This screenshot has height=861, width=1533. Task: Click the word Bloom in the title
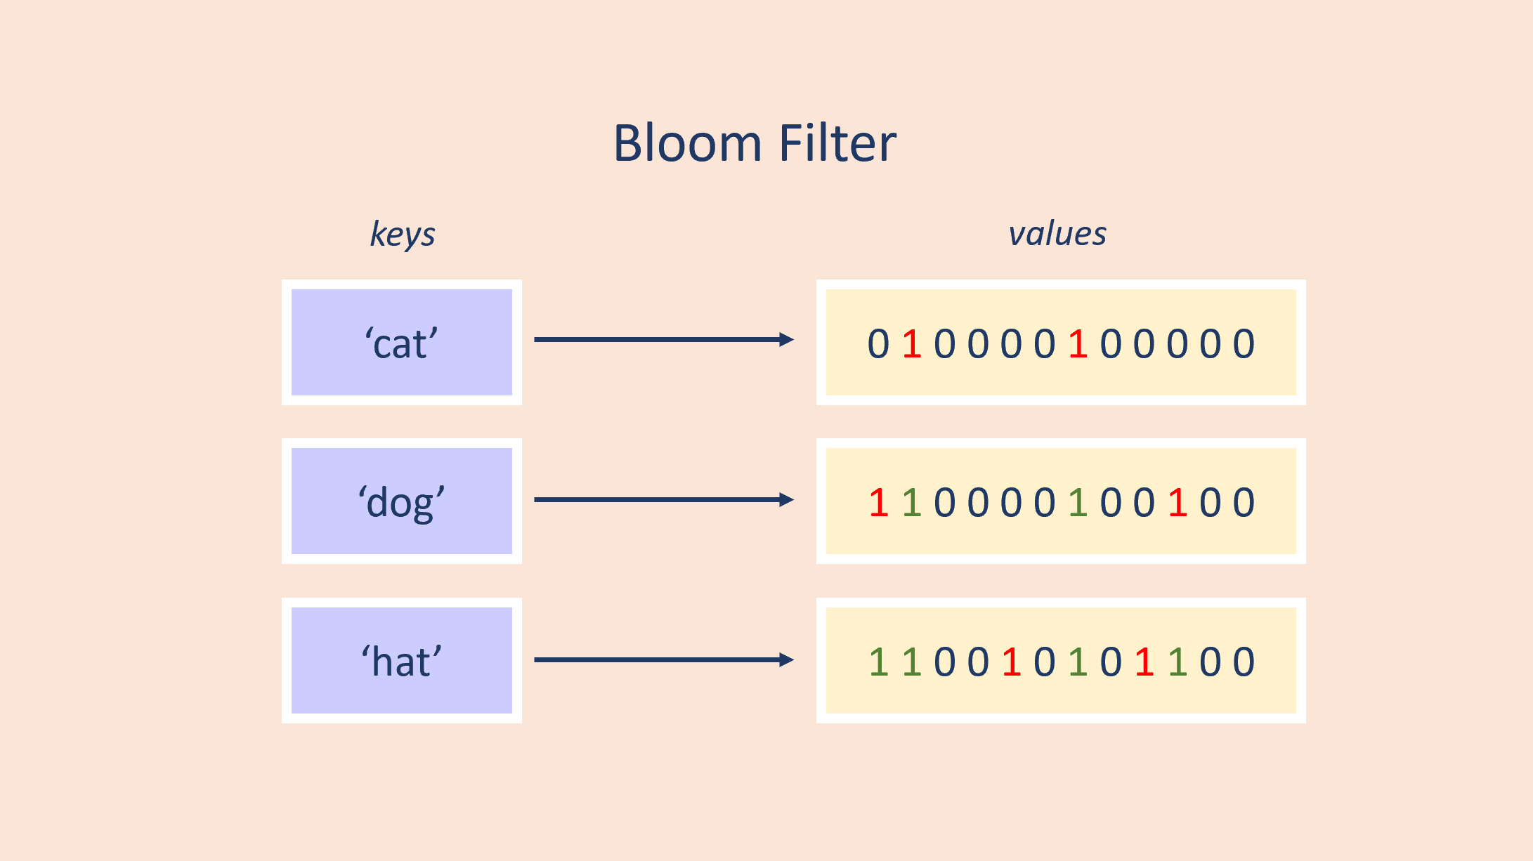[687, 143]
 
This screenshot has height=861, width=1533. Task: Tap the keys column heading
[403, 234]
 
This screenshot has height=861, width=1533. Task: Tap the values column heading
[1057, 234]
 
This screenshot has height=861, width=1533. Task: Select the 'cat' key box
[401, 343]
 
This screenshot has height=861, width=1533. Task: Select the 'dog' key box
[401, 501]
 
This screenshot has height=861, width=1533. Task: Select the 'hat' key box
[401, 661]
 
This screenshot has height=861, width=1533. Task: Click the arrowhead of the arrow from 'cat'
[787, 340]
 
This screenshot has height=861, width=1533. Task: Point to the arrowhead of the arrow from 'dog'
[787, 500]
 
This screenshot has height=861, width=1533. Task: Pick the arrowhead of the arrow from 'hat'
[787, 660]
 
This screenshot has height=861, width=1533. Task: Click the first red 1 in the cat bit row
[911, 344]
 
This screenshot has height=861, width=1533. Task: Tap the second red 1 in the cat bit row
[1078, 344]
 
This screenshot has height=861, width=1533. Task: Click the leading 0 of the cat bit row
[878, 344]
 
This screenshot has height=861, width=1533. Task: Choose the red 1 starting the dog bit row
[878, 503]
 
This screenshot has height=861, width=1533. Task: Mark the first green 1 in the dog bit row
[911, 503]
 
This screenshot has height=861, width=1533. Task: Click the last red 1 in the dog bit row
[1178, 503]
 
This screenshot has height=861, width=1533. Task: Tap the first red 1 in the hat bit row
[1011, 662]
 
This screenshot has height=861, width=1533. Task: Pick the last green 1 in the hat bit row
[1178, 662]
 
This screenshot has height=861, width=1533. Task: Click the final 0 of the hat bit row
[1244, 662]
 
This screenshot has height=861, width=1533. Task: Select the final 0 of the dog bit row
[1244, 503]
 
